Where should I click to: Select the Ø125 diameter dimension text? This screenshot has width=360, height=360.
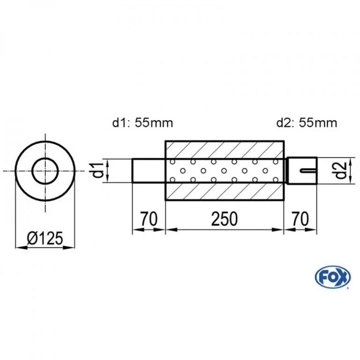[45, 238]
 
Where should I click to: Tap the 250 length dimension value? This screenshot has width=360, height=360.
[225, 219]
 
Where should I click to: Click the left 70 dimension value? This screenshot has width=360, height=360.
[149, 219]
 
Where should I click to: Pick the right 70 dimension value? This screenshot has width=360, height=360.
[300, 219]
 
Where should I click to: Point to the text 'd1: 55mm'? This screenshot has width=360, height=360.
[142, 123]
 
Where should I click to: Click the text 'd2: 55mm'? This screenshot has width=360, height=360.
[307, 123]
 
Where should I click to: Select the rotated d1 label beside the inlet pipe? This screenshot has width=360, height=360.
[98, 170]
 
